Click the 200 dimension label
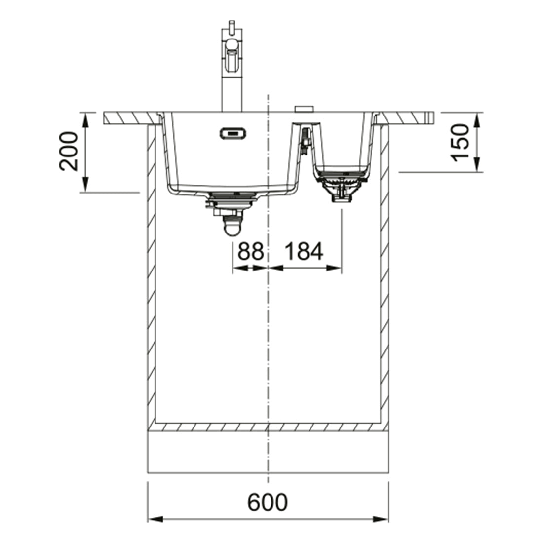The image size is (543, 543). [69, 151]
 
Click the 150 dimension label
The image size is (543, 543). [460, 143]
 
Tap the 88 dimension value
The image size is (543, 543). [251, 251]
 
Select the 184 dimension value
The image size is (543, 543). [304, 251]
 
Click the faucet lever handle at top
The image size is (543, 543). [232, 27]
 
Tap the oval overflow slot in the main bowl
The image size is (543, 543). [233, 133]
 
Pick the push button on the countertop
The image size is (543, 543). [305, 109]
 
